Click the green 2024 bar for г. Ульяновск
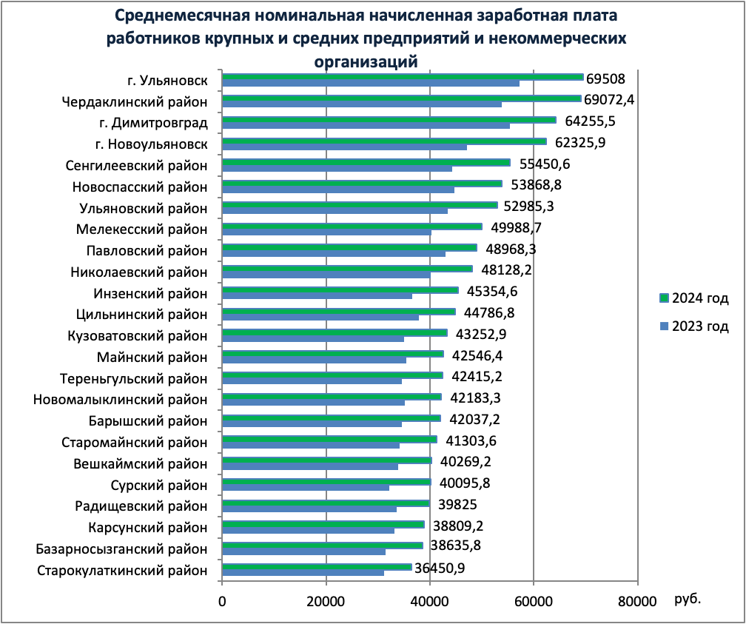pos(403,77)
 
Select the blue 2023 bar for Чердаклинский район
pos(362,104)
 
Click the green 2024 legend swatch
pos(664,298)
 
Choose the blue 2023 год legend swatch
pos(664,326)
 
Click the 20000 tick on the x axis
pos(326,602)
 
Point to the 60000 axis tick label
pos(533,602)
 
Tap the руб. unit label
pos(688,598)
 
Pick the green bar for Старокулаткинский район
pos(317,567)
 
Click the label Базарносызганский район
pos(121,549)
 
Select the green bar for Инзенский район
pos(340,290)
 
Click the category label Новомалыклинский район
pos(121,400)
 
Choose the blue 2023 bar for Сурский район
pos(305,488)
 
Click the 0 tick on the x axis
pos(222,602)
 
